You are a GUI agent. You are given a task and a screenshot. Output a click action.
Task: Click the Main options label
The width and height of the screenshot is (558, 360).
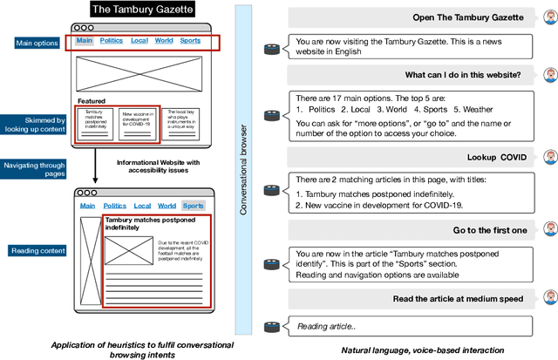(x=37, y=43)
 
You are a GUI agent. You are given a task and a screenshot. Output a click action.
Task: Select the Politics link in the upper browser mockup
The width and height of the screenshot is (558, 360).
(x=112, y=40)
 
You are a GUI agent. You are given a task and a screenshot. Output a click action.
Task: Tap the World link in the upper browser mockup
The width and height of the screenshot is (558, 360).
(x=164, y=40)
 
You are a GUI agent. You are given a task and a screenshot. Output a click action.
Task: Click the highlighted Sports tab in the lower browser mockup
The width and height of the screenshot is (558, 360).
(x=194, y=206)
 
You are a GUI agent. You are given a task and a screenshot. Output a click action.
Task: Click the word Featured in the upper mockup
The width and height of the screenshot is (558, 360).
(x=92, y=101)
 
